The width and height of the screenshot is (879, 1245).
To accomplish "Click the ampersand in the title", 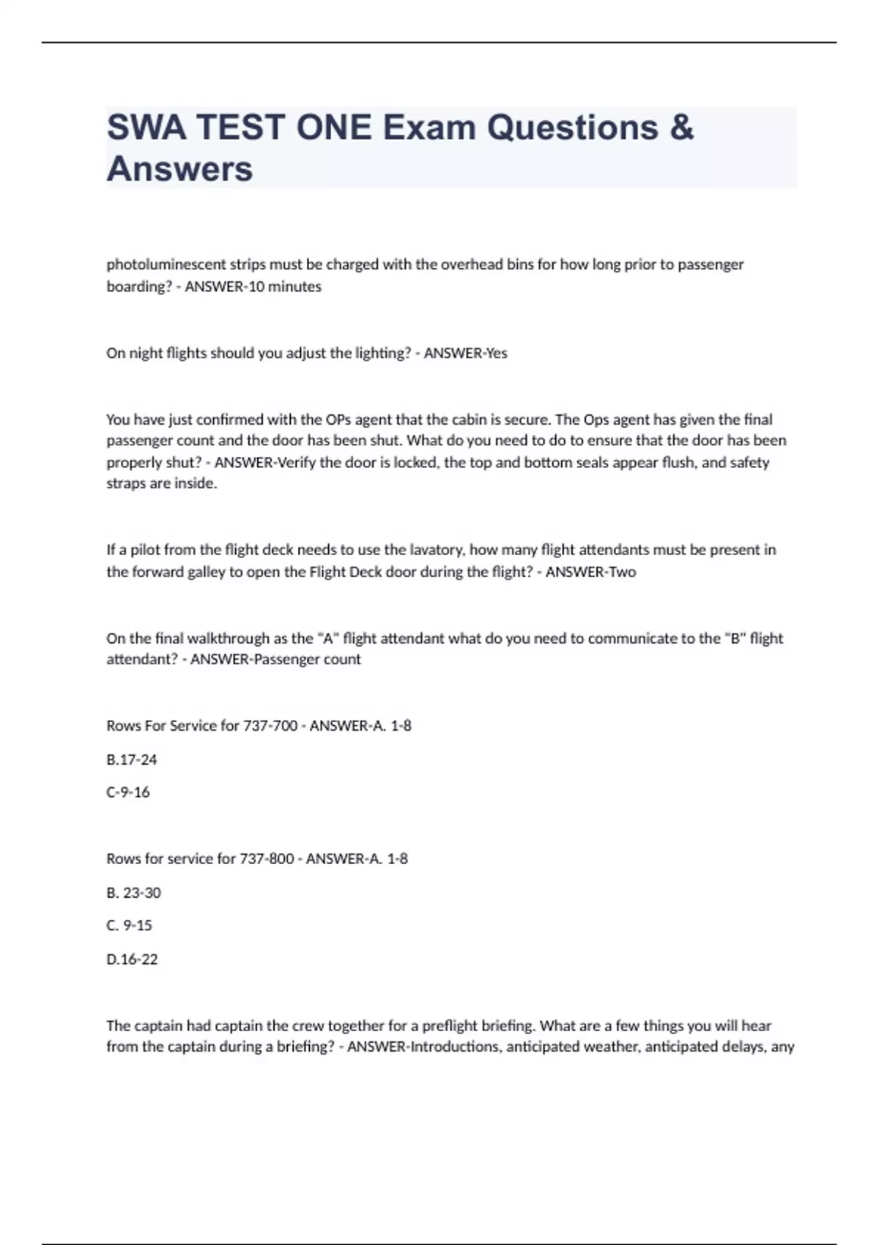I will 681,127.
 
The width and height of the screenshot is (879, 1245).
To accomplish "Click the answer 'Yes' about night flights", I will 496,353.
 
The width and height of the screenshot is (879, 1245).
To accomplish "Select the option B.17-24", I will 132,759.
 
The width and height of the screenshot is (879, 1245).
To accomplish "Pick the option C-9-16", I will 128,792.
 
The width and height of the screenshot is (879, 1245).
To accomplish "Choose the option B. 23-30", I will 133,893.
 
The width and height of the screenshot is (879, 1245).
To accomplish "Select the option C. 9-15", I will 129,925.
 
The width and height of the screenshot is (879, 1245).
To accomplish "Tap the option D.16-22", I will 132,959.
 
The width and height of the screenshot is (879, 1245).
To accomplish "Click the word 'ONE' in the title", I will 333,127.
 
